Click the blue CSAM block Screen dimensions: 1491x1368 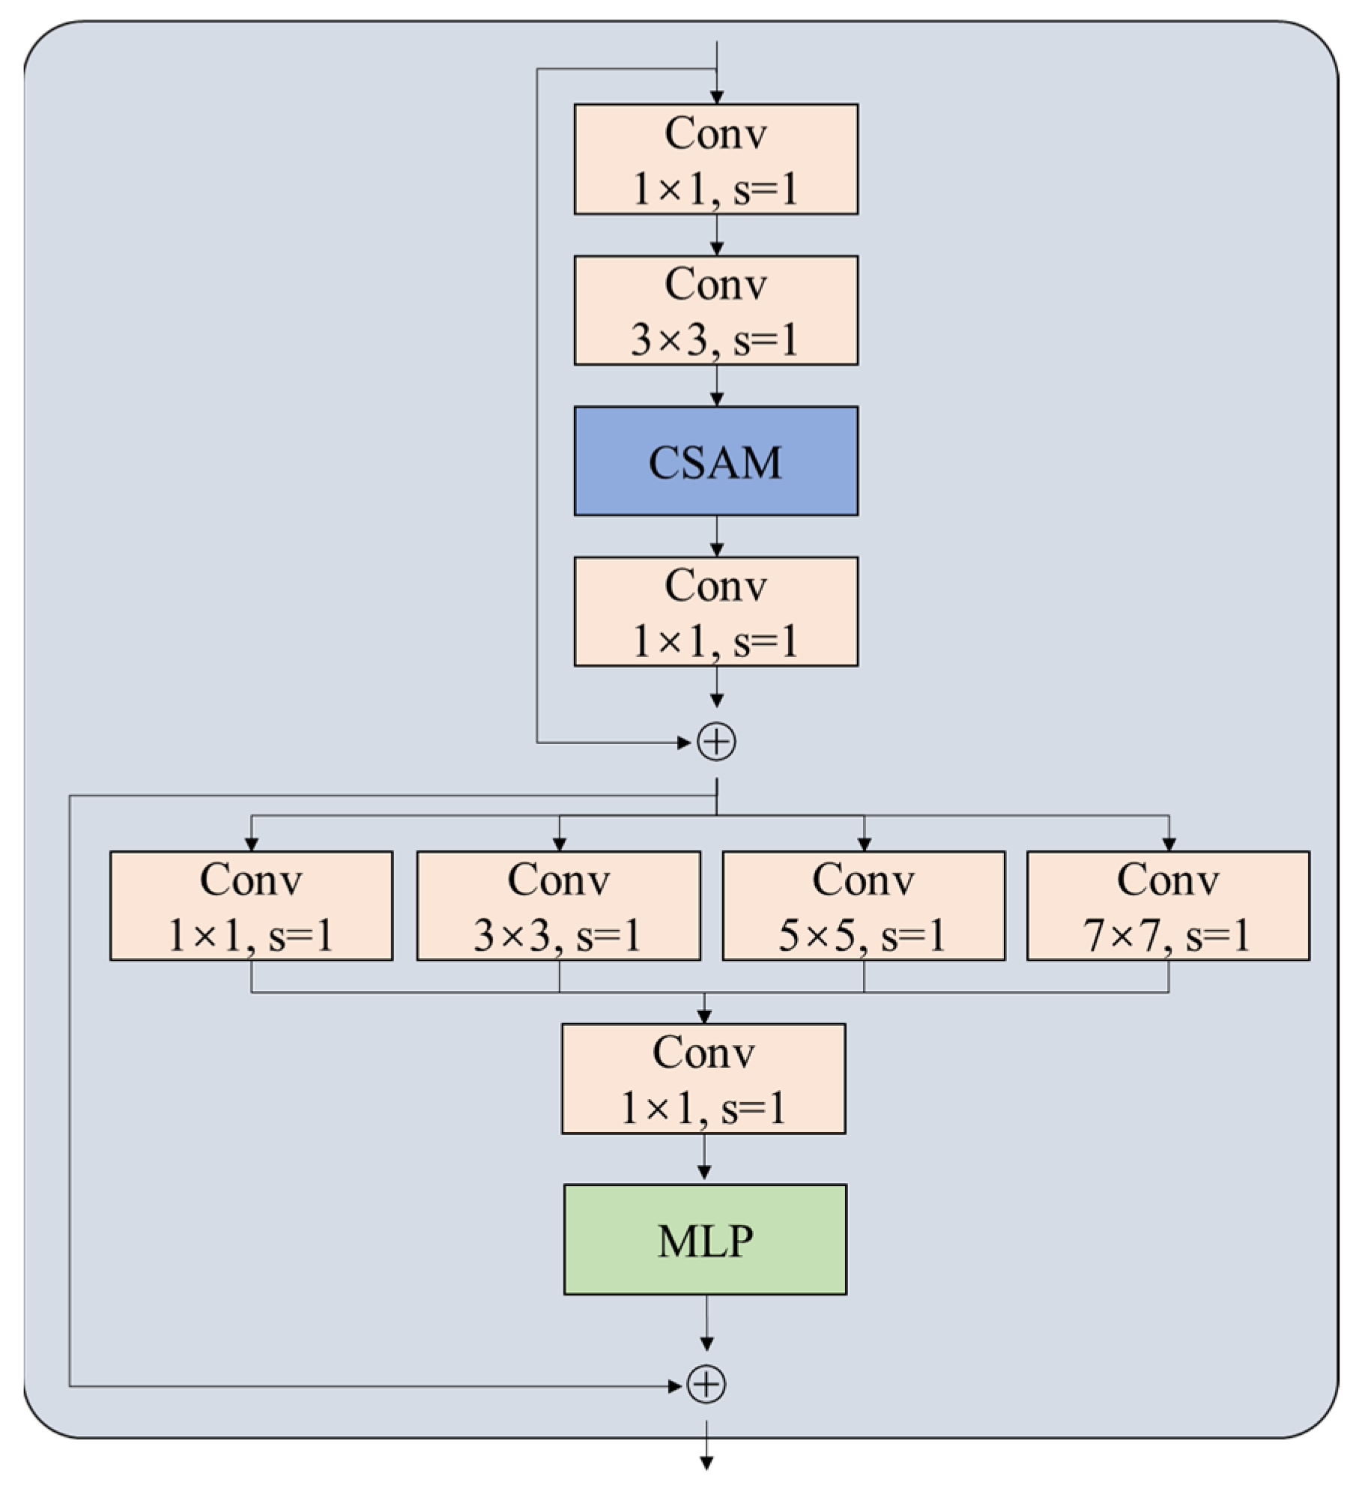coord(715,461)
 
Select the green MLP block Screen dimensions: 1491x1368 coord(705,1239)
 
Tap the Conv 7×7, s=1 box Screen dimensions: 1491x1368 coord(1167,905)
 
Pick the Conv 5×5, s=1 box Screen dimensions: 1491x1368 coord(863,905)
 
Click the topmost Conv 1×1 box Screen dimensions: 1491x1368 coord(715,159)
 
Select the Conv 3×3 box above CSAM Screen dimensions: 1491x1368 coord(715,310)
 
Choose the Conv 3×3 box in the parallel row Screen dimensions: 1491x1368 coord(558,905)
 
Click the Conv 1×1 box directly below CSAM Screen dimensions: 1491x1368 coord(715,611)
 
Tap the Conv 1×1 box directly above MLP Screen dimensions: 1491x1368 coord(703,1078)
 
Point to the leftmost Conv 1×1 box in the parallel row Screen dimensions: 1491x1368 coord(251,905)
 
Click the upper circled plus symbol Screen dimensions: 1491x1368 coord(716,743)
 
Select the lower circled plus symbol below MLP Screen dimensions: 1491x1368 coord(706,1385)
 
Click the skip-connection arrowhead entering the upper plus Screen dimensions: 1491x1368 coord(683,743)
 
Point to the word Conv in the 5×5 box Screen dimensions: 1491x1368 coord(863,880)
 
